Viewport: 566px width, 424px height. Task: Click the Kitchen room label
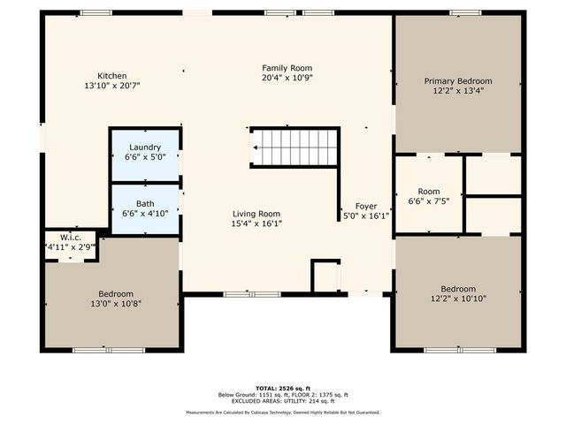pos(112,76)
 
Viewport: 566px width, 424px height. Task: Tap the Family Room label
pos(287,68)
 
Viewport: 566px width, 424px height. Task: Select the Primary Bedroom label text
pos(457,80)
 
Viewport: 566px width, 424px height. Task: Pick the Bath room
pos(144,208)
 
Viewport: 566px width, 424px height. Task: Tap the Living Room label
pos(256,214)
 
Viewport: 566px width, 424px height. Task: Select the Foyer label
pos(366,206)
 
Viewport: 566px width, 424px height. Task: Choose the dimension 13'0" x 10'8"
pos(116,304)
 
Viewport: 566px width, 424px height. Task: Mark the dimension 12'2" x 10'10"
pos(457,299)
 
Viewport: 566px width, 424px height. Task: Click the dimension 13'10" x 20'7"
pos(112,86)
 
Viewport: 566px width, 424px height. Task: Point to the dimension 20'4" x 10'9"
pos(287,78)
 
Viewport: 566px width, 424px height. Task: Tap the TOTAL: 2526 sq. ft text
pos(282,388)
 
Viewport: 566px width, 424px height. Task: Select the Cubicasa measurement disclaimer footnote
pos(282,412)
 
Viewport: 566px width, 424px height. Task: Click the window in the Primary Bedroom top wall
pos(464,12)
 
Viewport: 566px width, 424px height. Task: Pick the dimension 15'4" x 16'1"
pos(256,223)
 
